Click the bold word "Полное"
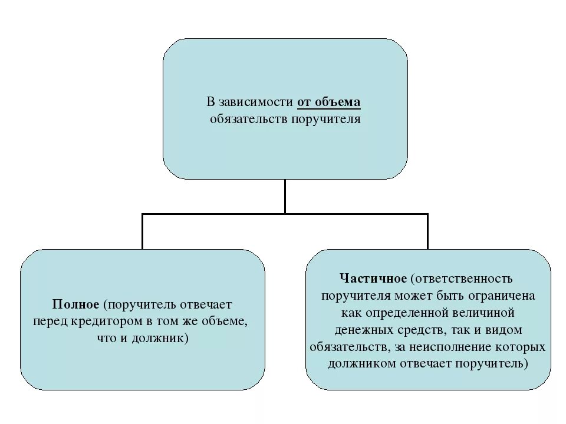pyautogui.click(x=75, y=304)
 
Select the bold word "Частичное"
pyautogui.click(x=373, y=277)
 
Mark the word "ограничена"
pyautogui.click(x=505, y=295)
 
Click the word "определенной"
pyautogui.click(x=416, y=312)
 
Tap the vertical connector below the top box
pyautogui.click(x=285, y=196)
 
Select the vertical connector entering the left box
pyautogui.click(x=142, y=231)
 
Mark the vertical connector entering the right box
pyautogui.click(x=427, y=231)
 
